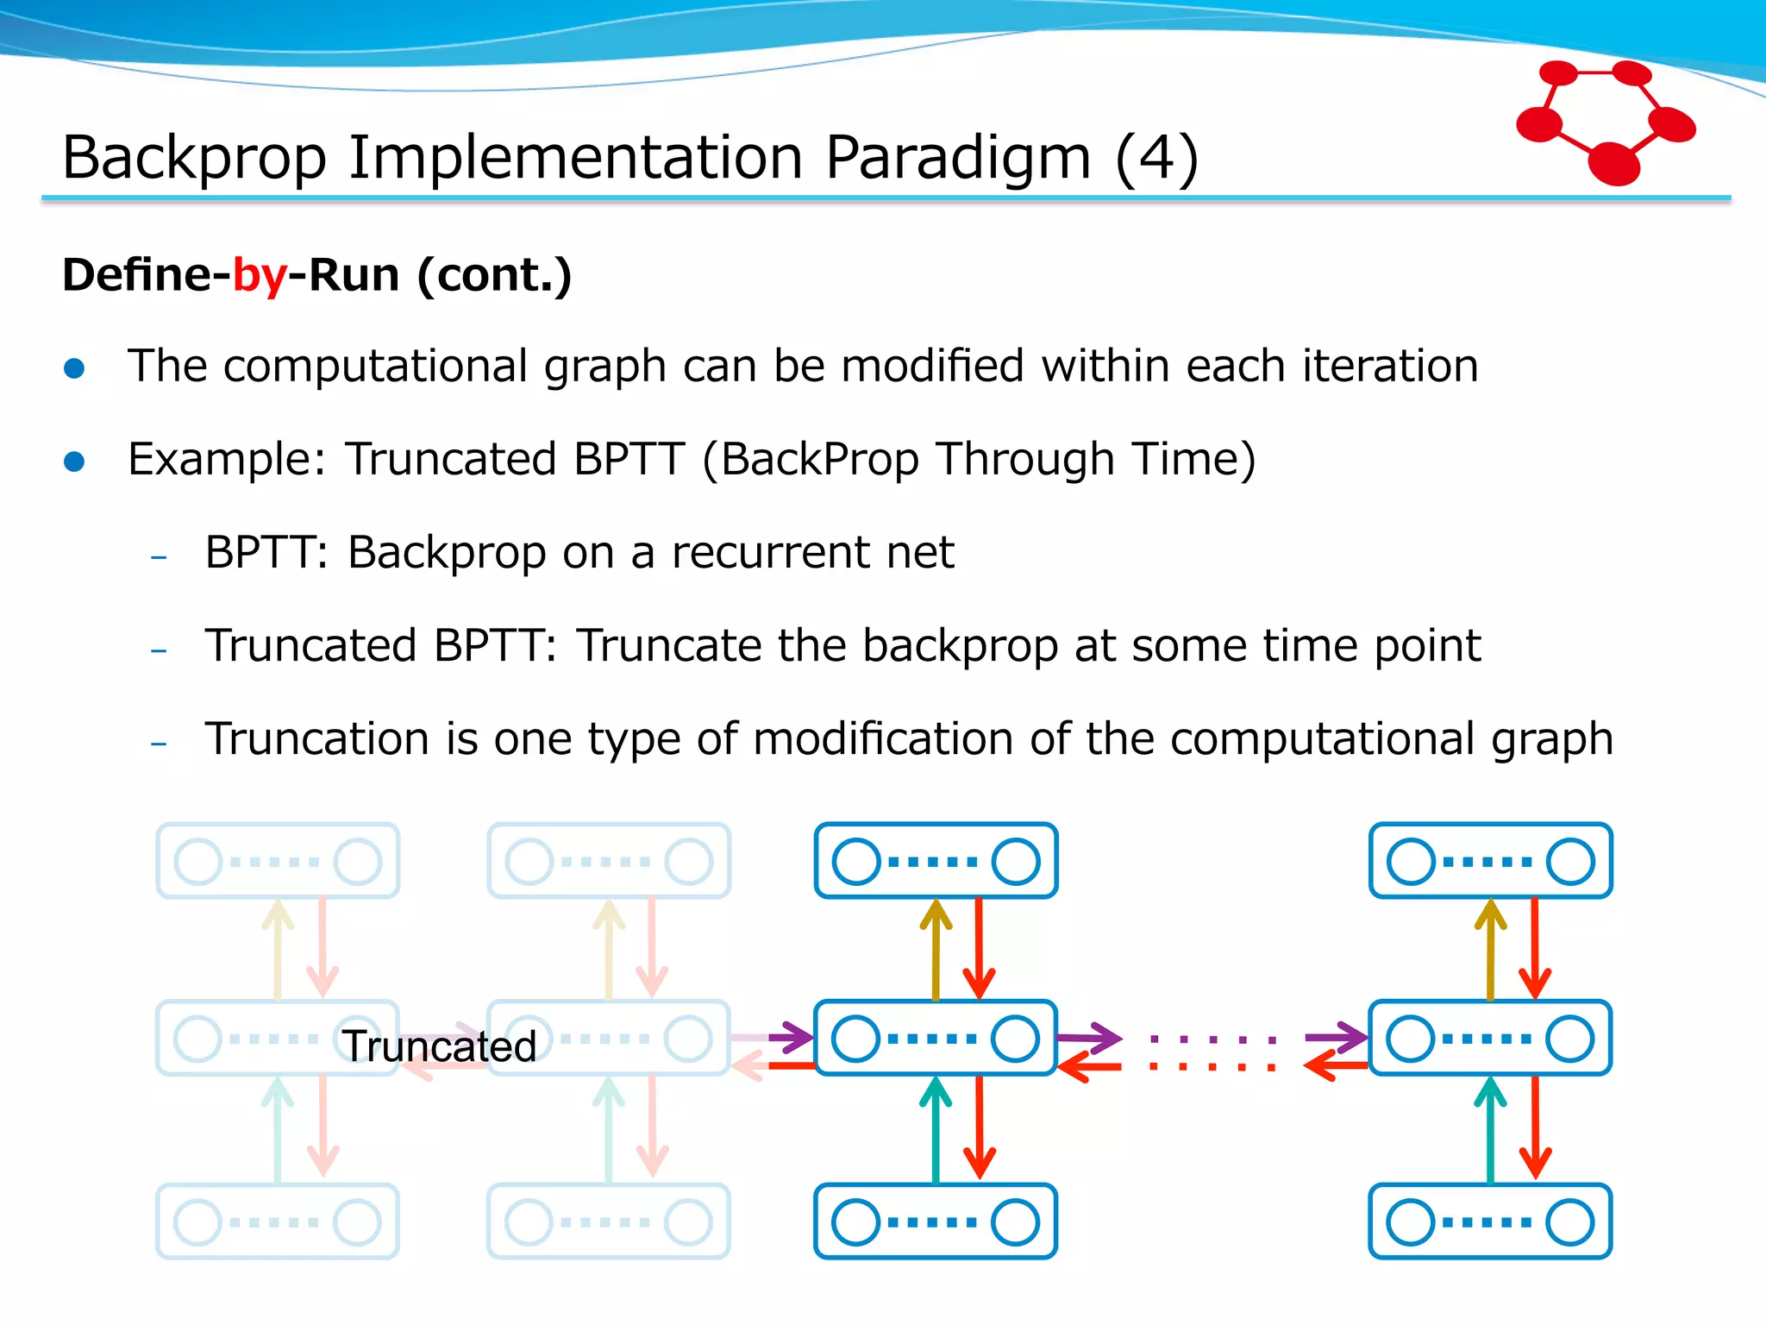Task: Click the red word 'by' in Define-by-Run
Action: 260,276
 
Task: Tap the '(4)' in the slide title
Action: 1156,158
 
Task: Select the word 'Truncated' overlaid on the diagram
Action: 440,1046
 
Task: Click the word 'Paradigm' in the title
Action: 957,158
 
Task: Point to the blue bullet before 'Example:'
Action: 75,462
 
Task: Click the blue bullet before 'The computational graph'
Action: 75,368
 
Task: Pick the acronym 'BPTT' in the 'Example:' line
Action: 629,459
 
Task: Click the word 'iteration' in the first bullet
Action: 1390,366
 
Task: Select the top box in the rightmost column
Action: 1490,861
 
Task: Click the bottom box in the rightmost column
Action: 1490,1221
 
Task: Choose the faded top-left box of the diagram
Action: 278,861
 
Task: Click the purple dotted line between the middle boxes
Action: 1212,1039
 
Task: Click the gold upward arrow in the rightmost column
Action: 1490,949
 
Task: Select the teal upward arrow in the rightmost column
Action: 1490,1130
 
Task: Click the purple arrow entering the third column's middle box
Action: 789,1037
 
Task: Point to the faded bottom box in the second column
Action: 609,1221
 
